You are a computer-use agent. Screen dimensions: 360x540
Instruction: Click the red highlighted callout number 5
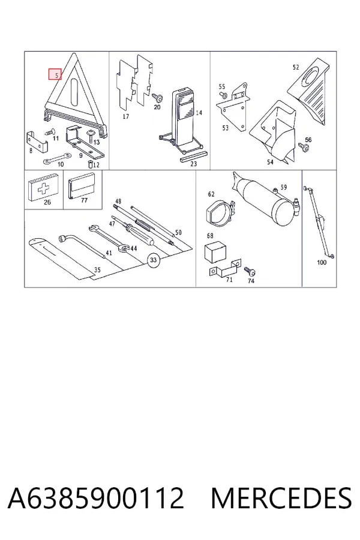pyautogui.click(x=55, y=74)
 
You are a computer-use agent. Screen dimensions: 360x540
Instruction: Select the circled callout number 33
pyautogui.click(x=154, y=260)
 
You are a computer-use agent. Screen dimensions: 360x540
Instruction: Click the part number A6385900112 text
pyautogui.click(x=96, y=498)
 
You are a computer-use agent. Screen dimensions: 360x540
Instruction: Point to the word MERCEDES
pyautogui.click(x=281, y=498)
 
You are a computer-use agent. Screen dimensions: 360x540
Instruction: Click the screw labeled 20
pyautogui.click(x=159, y=98)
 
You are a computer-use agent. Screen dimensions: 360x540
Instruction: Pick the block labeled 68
pyautogui.click(x=215, y=253)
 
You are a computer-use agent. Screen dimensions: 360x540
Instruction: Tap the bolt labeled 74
pyautogui.click(x=250, y=272)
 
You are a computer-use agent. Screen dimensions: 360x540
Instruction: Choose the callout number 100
pyautogui.click(x=322, y=262)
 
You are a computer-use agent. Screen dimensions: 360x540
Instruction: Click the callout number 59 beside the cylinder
pyautogui.click(x=284, y=187)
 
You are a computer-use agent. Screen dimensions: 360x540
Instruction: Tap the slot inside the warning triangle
pyautogui.click(x=74, y=91)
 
